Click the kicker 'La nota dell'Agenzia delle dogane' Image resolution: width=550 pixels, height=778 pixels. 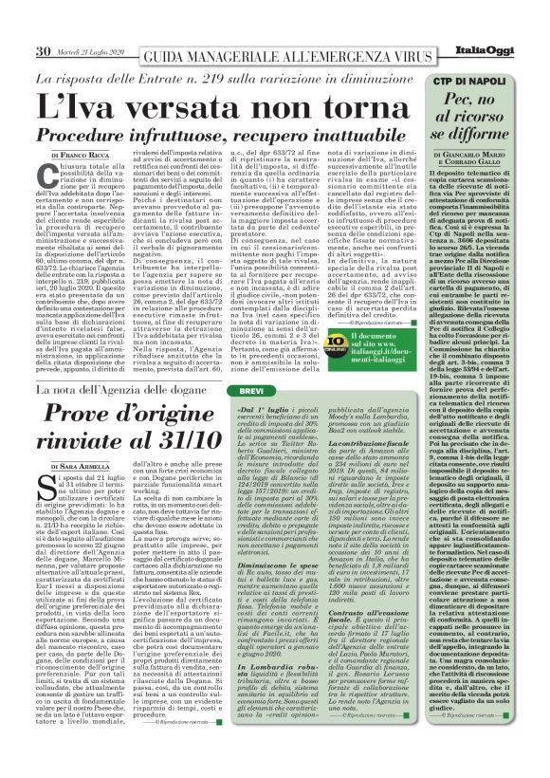coord(129,390)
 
